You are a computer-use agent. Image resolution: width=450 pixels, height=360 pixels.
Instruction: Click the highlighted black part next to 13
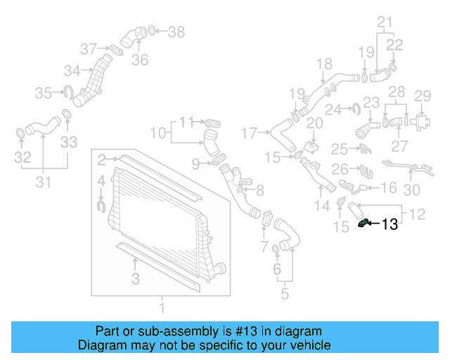point(364,224)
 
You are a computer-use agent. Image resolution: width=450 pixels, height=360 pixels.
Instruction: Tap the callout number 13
point(390,225)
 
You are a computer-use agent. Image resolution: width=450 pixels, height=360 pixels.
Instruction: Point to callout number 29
point(422,96)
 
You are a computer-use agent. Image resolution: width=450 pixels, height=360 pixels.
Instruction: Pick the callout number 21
point(384,22)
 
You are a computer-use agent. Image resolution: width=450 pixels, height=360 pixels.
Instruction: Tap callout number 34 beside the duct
point(72,70)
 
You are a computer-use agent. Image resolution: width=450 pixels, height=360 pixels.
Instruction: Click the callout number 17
point(250,131)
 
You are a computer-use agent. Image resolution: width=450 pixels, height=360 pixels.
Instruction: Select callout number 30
point(411,188)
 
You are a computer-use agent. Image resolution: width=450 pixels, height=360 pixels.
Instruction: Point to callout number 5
point(284,294)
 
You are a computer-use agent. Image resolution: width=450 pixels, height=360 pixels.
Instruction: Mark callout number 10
point(158,131)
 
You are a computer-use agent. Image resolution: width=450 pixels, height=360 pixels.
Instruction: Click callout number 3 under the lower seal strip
point(136,279)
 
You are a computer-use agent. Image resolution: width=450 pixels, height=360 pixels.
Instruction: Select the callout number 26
point(340,169)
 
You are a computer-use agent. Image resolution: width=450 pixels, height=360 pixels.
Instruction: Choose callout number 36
point(140,60)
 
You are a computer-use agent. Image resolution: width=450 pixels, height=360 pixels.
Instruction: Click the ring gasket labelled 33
point(67,115)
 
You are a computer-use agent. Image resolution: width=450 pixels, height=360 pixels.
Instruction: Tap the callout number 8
point(259,189)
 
